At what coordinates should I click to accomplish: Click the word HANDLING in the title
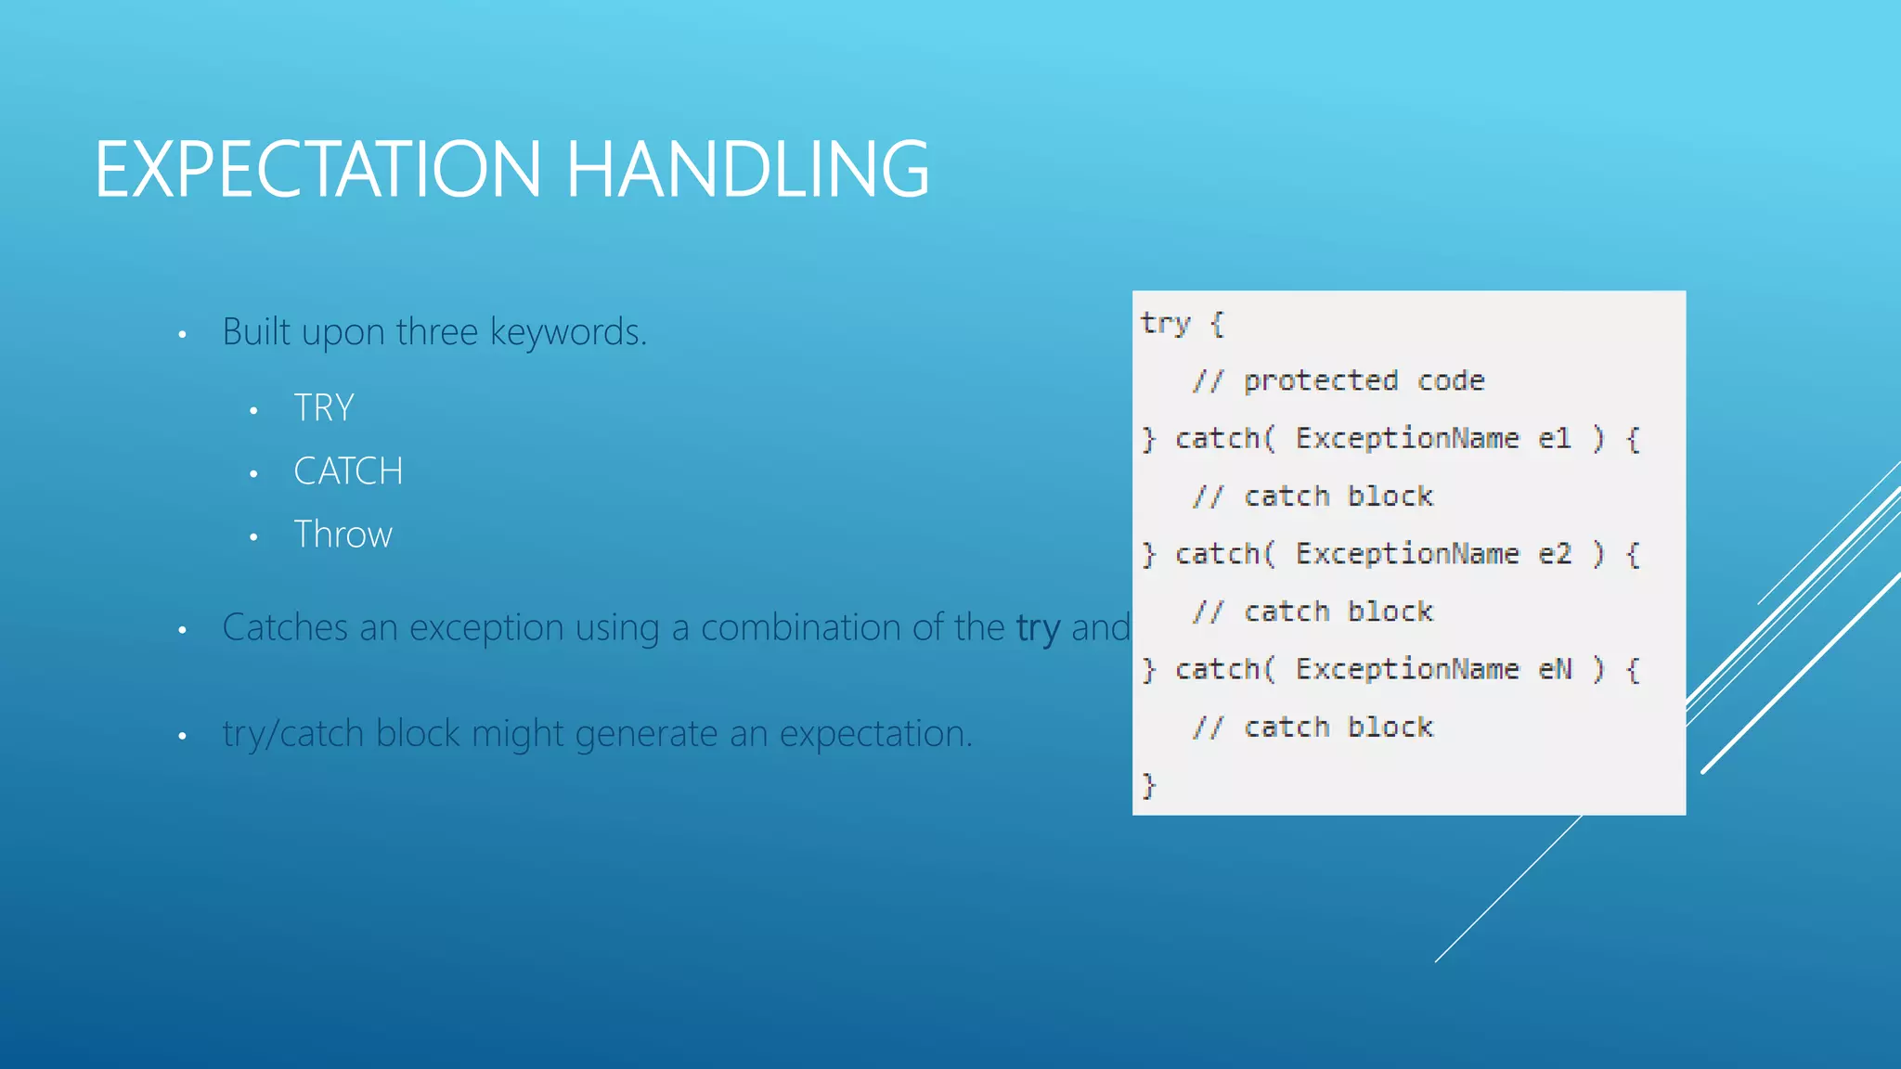pyautogui.click(x=746, y=169)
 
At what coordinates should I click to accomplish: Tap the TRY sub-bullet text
pyautogui.click(x=324, y=408)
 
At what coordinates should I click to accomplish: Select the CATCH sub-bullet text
pyautogui.click(x=348, y=471)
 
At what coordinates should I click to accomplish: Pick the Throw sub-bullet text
pyautogui.click(x=343, y=534)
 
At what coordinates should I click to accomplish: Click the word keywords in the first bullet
pyautogui.click(x=567, y=332)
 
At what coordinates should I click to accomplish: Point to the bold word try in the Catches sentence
pyautogui.click(x=1038, y=628)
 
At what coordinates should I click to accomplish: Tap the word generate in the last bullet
pyautogui.click(x=646, y=734)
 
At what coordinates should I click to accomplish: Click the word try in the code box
pyautogui.click(x=1165, y=324)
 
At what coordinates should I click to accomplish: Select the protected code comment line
pyautogui.click(x=1338, y=380)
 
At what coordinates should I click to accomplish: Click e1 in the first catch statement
pyautogui.click(x=1555, y=438)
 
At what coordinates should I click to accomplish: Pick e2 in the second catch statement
pyautogui.click(x=1555, y=554)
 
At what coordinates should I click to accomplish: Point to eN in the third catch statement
pyautogui.click(x=1555, y=669)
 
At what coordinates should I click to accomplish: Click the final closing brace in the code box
pyautogui.click(x=1149, y=785)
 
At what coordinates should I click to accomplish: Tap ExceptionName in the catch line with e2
pyautogui.click(x=1407, y=554)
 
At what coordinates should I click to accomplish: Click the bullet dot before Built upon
pyautogui.click(x=183, y=334)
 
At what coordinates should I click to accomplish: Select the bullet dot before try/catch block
pyautogui.click(x=183, y=737)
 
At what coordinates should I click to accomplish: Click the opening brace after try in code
pyautogui.click(x=1217, y=324)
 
